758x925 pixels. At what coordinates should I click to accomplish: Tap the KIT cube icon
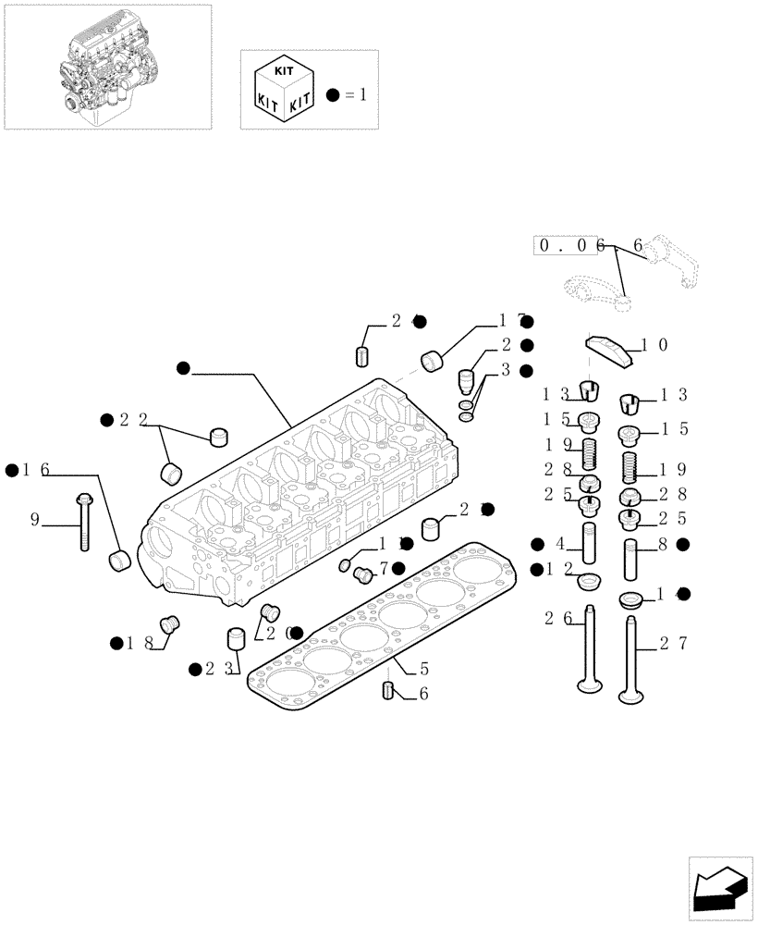point(282,90)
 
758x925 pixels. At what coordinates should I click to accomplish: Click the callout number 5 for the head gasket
point(424,666)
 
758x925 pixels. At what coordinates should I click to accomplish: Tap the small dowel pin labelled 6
point(389,690)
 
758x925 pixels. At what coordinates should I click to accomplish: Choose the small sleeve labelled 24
point(363,356)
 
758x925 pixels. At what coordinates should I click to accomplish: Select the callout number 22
point(137,420)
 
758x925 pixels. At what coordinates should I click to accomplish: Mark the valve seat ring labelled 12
point(588,582)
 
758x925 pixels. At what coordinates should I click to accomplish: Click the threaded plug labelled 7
point(363,575)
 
